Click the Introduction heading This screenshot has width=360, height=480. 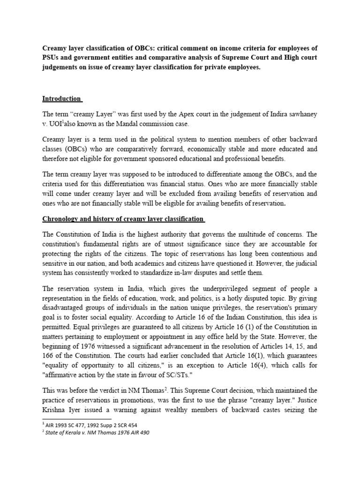tap(62, 99)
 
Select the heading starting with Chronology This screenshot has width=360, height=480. tap(123, 219)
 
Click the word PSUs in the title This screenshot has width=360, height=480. tap(52, 58)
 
